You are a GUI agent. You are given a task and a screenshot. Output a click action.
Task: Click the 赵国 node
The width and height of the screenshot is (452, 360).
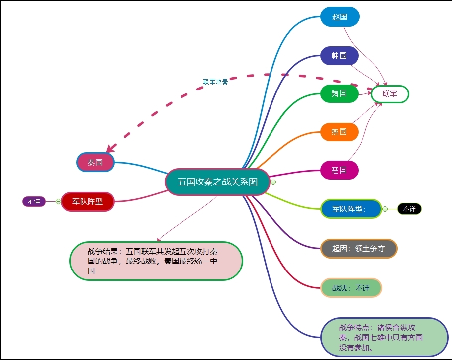pos(340,17)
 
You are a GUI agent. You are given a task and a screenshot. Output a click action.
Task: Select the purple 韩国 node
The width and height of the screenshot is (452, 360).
pos(339,56)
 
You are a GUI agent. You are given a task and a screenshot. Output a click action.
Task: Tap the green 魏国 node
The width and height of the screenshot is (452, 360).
pos(339,93)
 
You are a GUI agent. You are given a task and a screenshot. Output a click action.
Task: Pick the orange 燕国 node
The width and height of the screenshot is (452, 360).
pos(339,132)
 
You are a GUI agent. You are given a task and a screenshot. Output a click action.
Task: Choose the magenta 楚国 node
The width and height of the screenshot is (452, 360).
pos(339,170)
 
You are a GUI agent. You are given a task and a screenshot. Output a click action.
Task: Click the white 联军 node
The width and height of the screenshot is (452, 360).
pos(390,94)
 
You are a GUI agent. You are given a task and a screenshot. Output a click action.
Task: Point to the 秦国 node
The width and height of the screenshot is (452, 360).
pos(95,162)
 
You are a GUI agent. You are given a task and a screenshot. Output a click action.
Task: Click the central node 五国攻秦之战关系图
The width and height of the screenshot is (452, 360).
pos(217,182)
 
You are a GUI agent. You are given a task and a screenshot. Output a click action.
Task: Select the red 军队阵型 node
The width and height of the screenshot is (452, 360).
pos(88,201)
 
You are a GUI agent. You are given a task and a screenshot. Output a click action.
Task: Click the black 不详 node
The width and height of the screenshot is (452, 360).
pos(409,209)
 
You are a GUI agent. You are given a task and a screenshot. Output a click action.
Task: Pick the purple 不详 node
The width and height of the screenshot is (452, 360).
pos(34,201)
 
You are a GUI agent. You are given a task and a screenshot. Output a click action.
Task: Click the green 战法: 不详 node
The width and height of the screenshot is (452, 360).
pos(351,288)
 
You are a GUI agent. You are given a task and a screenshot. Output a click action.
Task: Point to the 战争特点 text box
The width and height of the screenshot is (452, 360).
pos(384,337)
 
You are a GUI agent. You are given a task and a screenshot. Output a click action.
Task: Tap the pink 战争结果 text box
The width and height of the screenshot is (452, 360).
pos(156,261)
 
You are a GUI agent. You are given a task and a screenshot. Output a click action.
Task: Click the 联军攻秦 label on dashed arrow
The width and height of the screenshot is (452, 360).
pos(215,82)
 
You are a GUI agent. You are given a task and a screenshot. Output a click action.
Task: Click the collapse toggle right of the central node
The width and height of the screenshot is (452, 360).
pos(273,182)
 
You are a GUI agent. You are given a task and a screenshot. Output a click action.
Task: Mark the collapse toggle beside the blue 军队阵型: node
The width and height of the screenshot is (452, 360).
pos(385,209)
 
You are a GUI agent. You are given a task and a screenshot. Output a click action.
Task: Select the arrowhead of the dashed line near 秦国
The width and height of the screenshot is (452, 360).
pos(110,148)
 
